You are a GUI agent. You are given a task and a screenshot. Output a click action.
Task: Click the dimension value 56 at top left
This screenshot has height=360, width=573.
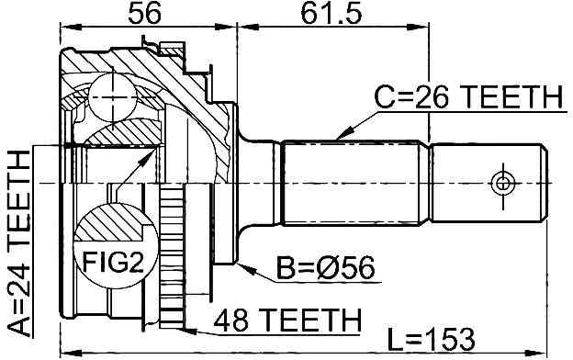[144, 14]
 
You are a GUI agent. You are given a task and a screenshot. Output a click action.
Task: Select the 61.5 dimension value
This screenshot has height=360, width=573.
[331, 14]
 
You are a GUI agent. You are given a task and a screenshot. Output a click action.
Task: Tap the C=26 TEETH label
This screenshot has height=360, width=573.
[469, 96]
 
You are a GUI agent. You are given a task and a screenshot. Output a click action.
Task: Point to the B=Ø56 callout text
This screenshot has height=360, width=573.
[325, 268]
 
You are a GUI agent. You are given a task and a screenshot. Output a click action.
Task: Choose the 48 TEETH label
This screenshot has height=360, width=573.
[287, 320]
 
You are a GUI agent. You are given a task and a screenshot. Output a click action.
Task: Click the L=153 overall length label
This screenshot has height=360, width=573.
[431, 340]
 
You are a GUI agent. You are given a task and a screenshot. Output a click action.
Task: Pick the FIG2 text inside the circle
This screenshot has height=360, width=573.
[113, 262]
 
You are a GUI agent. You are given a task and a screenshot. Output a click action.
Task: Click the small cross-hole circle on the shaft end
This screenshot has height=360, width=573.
[503, 184]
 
